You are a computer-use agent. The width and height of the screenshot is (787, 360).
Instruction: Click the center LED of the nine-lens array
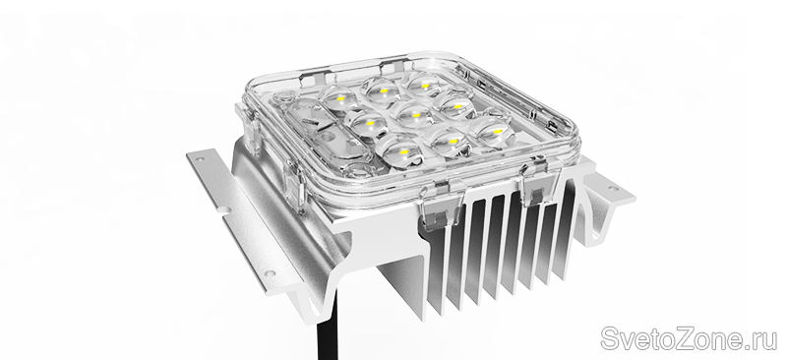point(415,114)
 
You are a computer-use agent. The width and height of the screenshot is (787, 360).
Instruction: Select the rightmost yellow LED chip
point(498,132)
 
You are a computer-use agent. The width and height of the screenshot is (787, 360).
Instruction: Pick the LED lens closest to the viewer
point(400,150)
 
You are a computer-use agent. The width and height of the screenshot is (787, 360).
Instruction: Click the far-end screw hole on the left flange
point(201,159)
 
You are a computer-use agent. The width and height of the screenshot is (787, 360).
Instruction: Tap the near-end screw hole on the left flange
point(270,273)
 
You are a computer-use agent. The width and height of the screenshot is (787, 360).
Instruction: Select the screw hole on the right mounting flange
point(613,189)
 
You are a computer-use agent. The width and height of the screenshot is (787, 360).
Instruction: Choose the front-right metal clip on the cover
point(539,180)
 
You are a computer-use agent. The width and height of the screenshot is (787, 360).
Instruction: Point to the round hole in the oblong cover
point(330,137)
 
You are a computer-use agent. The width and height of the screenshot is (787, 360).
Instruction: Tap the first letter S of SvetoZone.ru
point(610,338)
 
